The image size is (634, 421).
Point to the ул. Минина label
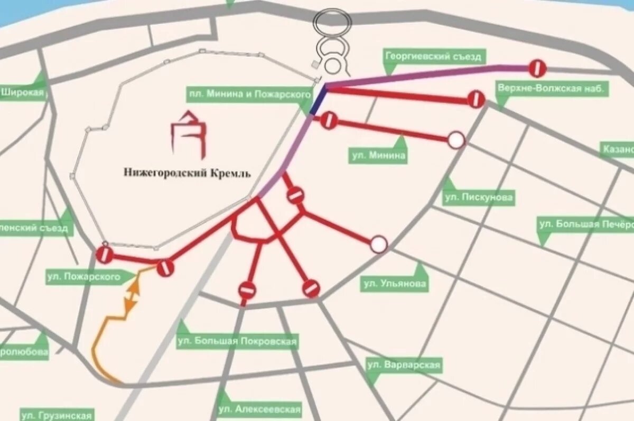[x=379, y=155]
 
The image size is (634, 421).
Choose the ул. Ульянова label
[x=395, y=284]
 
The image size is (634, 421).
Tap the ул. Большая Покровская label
[x=237, y=341]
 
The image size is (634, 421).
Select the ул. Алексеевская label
[x=260, y=409]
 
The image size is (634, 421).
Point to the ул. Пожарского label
[x=83, y=276]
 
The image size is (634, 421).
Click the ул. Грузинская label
[x=57, y=414]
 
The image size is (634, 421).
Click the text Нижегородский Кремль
[x=187, y=173]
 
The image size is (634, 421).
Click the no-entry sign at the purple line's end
[x=537, y=68]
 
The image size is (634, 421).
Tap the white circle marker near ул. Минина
[x=455, y=141]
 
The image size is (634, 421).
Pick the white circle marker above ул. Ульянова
[x=378, y=244]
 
